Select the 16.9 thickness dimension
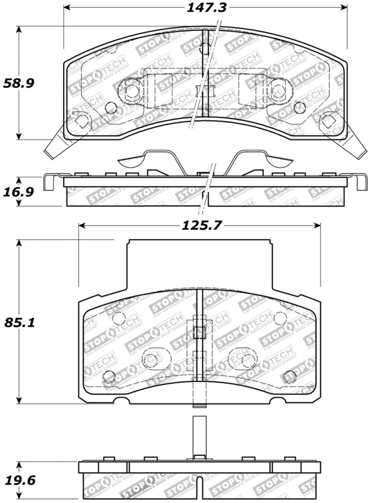18,192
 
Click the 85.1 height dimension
18,323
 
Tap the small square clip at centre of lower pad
199,332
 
